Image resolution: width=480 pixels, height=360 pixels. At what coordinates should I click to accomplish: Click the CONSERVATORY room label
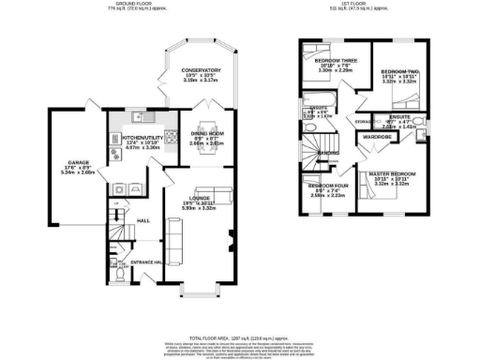click(202, 70)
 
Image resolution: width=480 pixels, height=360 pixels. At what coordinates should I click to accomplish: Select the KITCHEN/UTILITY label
click(142, 137)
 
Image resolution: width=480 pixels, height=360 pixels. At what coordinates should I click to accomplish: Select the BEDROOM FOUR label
click(329, 186)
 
